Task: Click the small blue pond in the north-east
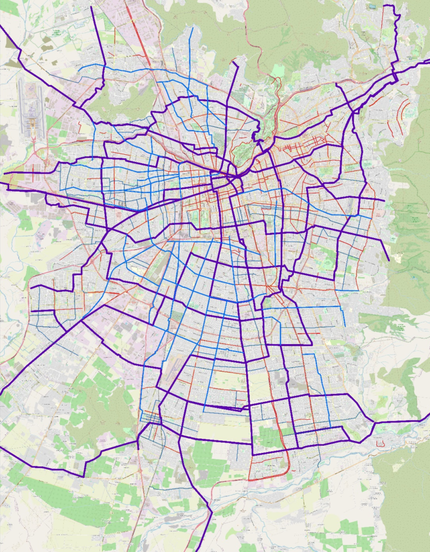click(371, 7)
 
